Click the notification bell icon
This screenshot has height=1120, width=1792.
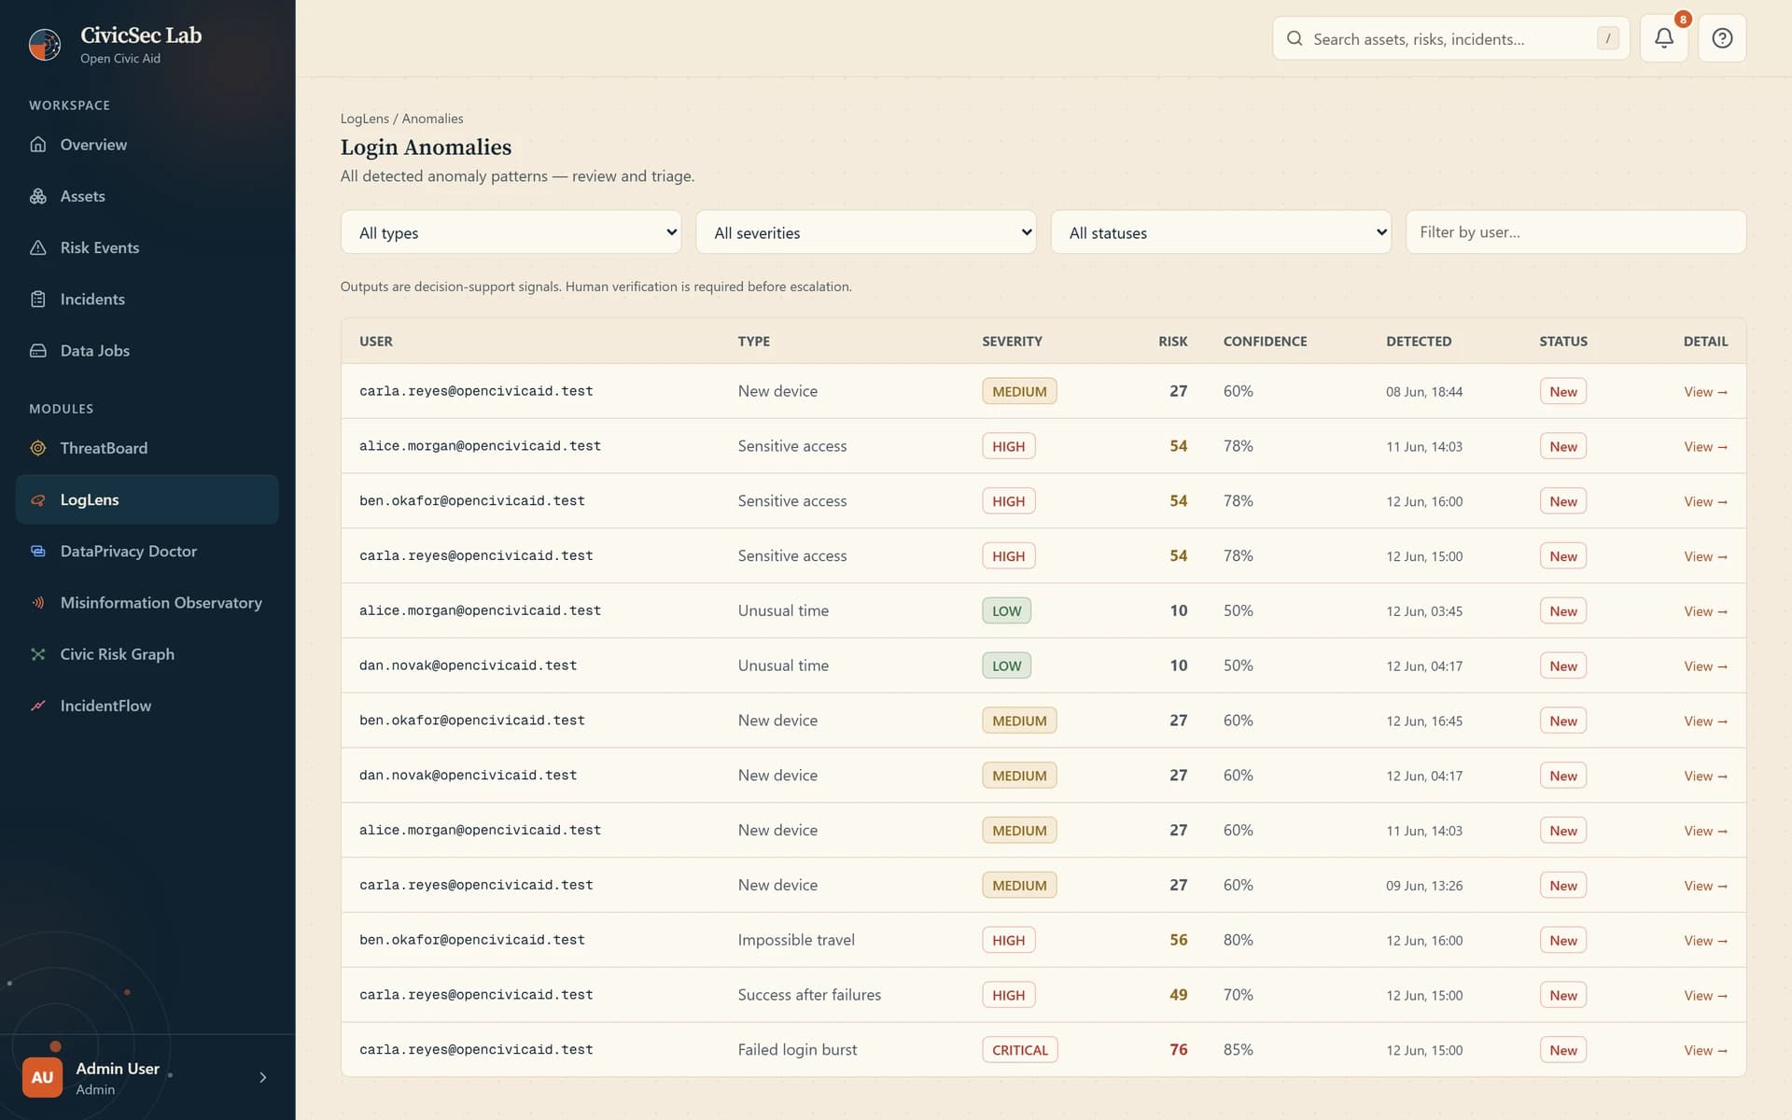[x=1663, y=38]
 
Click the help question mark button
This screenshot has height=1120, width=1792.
[x=1722, y=38]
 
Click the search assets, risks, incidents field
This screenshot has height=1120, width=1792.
[x=1450, y=38]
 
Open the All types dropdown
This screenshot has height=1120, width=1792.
[x=511, y=232]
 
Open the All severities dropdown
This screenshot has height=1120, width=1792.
[x=865, y=232]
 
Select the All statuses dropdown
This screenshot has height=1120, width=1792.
[x=1221, y=232]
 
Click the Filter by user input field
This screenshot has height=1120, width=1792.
[x=1575, y=232]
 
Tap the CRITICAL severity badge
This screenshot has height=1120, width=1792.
[x=1019, y=1050]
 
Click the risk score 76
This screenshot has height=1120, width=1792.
[x=1179, y=1050]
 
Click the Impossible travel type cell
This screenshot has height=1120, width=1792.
[x=796, y=940]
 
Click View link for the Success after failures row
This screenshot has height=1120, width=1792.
[x=1705, y=995]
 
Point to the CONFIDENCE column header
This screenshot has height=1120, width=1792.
[x=1265, y=342]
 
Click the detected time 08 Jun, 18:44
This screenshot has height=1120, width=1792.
[x=1424, y=392]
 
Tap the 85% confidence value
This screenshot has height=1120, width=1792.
[x=1239, y=1050]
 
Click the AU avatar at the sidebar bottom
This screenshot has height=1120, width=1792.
[x=42, y=1077]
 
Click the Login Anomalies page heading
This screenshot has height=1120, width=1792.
[x=426, y=147]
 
